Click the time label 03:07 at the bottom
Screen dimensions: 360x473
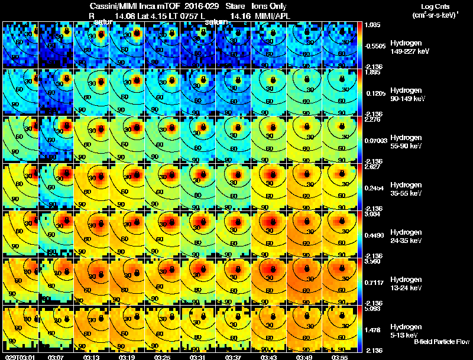click(x=56, y=357)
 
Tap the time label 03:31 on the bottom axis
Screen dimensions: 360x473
click(x=198, y=357)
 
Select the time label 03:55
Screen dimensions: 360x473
click(x=340, y=357)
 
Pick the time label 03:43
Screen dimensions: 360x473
click(x=269, y=357)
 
